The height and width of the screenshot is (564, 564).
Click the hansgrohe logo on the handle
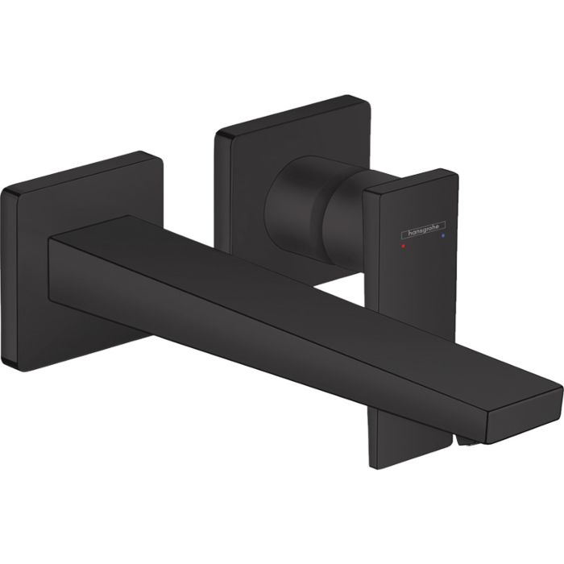tap(421, 229)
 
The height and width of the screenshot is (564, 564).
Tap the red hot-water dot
tap(403, 239)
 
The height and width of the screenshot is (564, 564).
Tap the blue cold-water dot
tap(443, 238)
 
